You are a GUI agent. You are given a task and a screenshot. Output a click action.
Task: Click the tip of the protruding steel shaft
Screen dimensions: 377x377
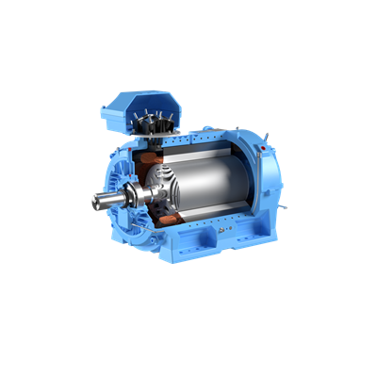(96, 201)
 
